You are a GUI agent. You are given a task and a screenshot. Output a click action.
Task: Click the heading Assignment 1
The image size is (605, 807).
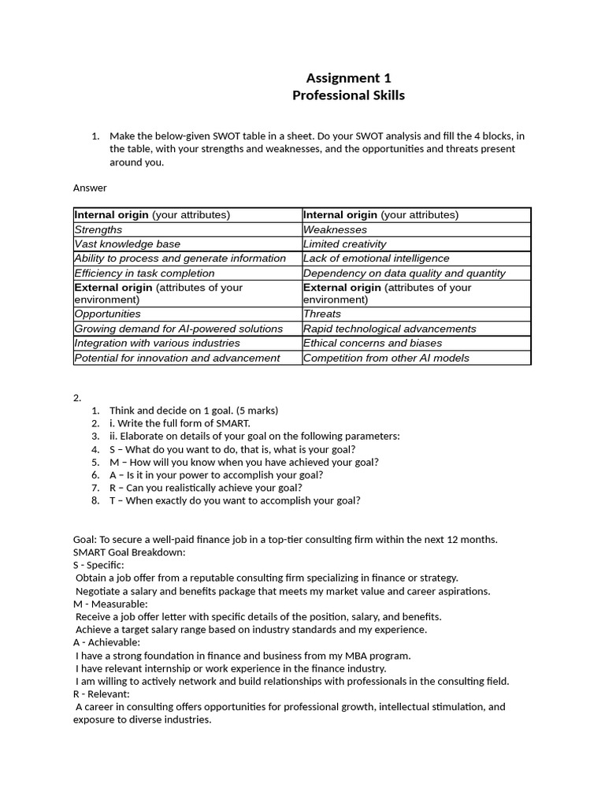pyautogui.click(x=348, y=78)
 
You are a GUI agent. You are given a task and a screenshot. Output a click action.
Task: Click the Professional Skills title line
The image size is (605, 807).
pyautogui.click(x=348, y=96)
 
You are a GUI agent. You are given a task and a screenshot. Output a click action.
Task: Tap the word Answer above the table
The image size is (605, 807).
pyautogui.click(x=90, y=188)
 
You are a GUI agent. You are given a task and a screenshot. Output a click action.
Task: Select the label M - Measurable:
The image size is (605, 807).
pyautogui.click(x=110, y=604)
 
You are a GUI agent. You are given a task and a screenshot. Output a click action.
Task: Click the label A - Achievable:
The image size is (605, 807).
pyautogui.click(x=106, y=642)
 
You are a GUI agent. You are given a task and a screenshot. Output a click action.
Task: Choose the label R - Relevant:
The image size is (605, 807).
pyautogui.click(x=102, y=694)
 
